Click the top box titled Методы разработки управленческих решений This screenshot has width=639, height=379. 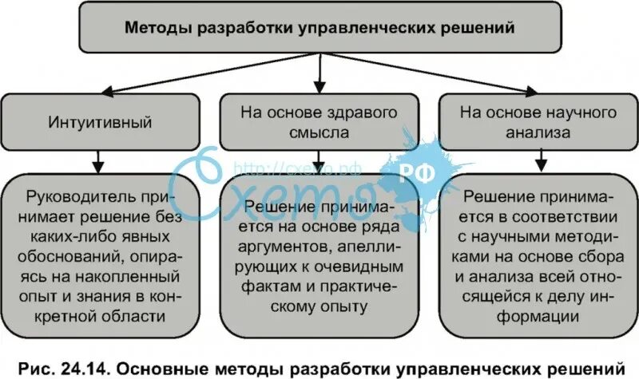[x=319, y=29]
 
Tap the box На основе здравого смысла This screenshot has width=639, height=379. [x=319, y=123]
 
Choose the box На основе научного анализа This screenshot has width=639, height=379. [x=538, y=123]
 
